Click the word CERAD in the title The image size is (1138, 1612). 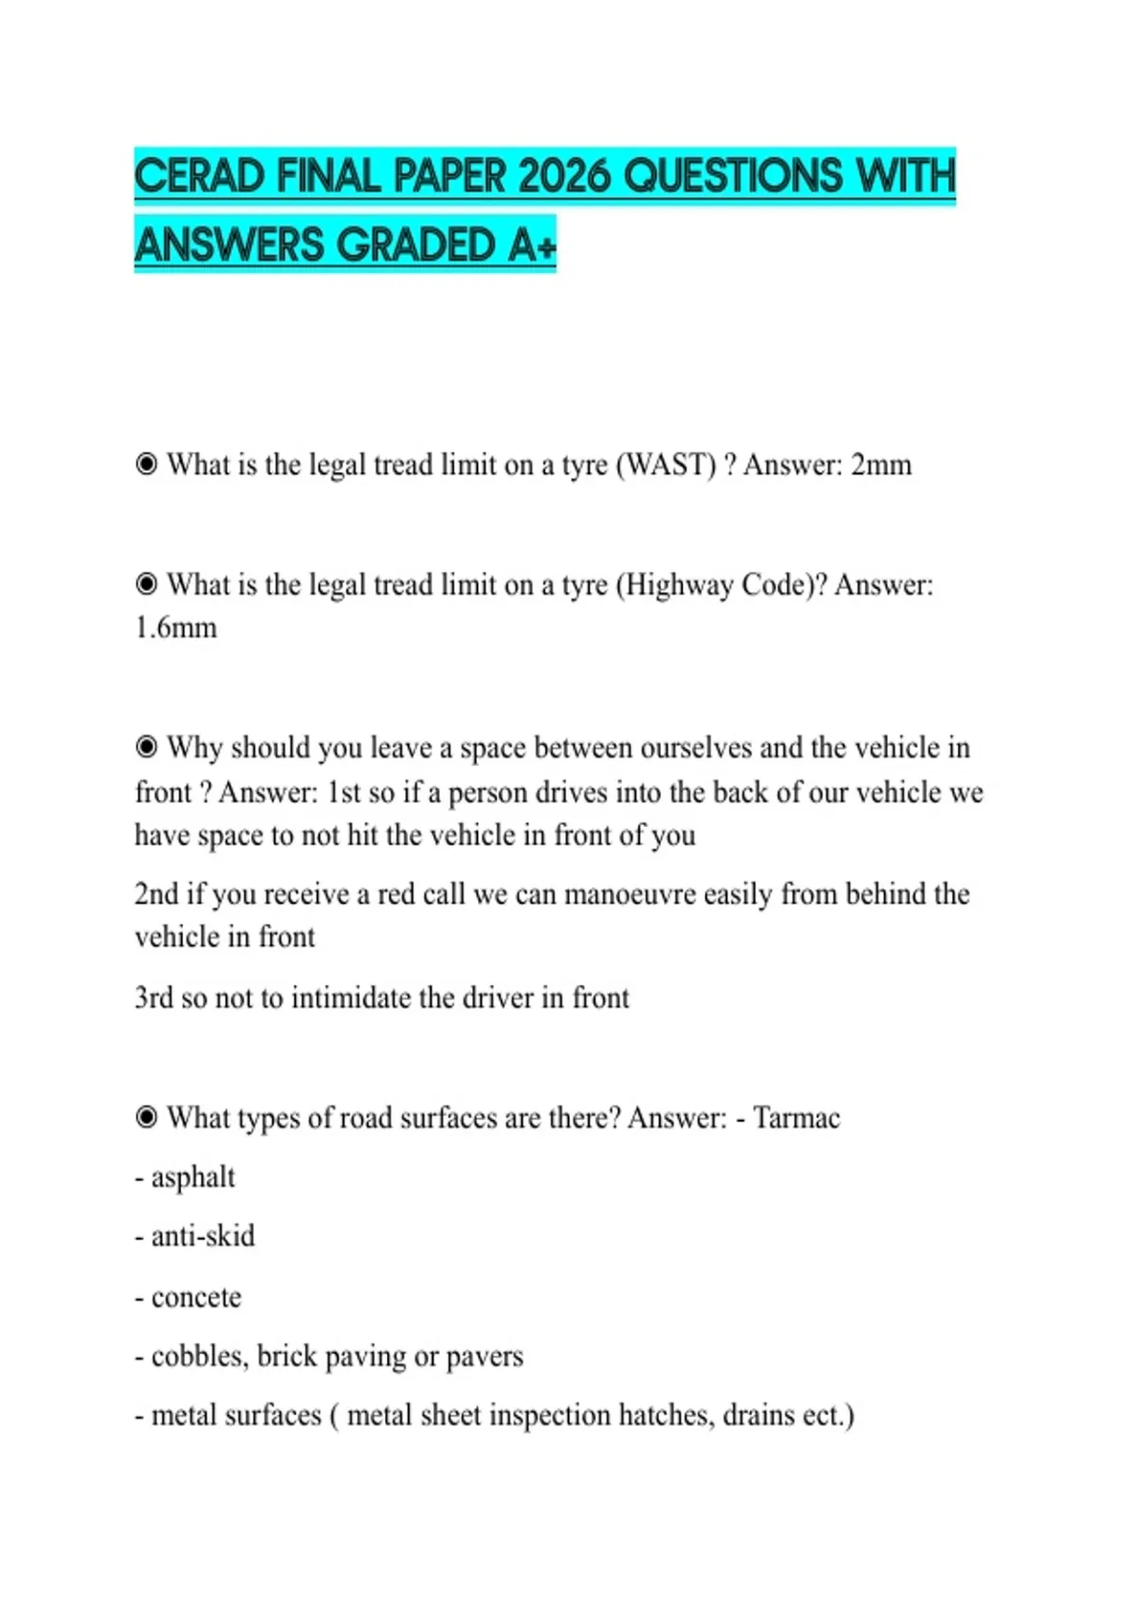[x=199, y=176]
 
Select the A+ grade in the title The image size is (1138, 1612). [x=532, y=246]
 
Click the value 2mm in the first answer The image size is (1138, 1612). [x=881, y=466]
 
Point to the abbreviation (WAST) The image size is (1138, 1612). [x=666, y=466]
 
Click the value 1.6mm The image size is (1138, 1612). [x=175, y=628]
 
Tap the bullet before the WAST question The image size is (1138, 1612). [x=146, y=465]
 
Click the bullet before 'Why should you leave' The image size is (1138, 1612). [x=146, y=747]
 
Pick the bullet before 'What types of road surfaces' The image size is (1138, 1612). [x=146, y=1117]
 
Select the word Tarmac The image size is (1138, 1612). [x=797, y=1118]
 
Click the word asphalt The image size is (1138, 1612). [x=193, y=1178]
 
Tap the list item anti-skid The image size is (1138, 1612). [x=202, y=1236]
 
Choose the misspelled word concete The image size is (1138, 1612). [x=196, y=1297]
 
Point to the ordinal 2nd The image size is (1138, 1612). [x=156, y=894]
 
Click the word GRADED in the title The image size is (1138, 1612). [x=416, y=246]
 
